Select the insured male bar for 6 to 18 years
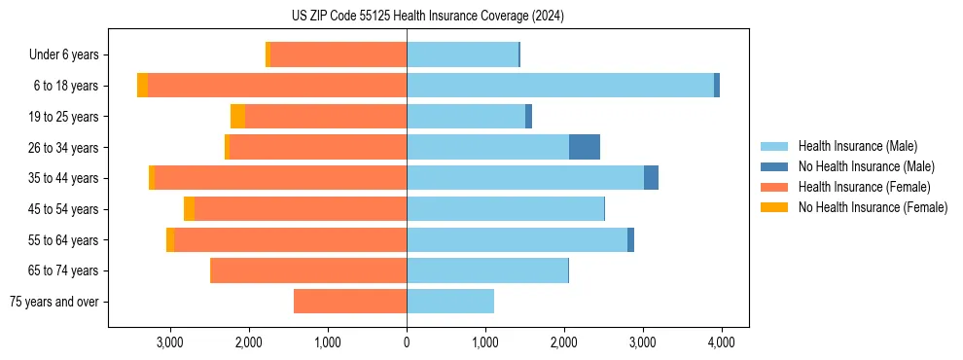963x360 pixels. (x=560, y=86)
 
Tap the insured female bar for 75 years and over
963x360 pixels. (x=350, y=302)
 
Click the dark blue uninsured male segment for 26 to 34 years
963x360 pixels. (x=585, y=147)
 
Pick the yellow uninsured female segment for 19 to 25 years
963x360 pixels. (x=237, y=117)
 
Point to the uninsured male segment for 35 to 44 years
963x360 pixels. (x=651, y=178)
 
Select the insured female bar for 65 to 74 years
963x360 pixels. (x=308, y=270)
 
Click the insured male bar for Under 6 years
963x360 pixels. (x=462, y=54)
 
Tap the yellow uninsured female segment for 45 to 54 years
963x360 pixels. (x=189, y=209)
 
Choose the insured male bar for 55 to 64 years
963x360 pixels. (x=517, y=239)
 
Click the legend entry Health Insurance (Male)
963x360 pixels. (x=852, y=146)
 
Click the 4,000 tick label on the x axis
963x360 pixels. (x=721, y=342)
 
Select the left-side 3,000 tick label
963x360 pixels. (x=170, y=342)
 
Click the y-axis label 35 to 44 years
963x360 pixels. (x=64, y=178)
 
